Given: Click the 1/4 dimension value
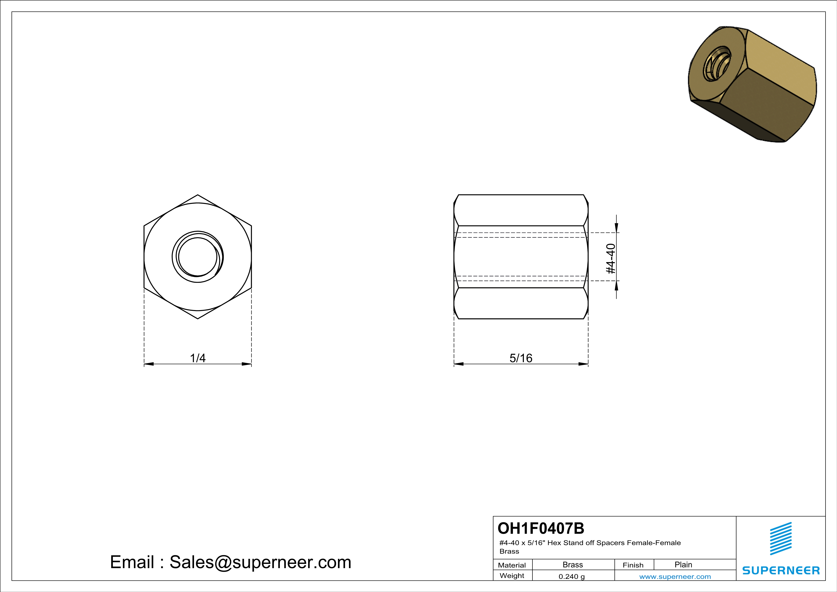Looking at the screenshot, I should click(x=198, y=358).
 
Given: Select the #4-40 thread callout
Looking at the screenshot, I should click(x=611, y=259).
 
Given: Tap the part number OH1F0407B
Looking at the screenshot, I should click(x=541, y=528).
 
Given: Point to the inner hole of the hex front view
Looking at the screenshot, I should click(x=198, y=257).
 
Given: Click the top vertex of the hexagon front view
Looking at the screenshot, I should click(x=198, y=195).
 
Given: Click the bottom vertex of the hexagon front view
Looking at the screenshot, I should click(x=198, y=319).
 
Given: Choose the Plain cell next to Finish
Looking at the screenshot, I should click(x=683, y=565).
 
